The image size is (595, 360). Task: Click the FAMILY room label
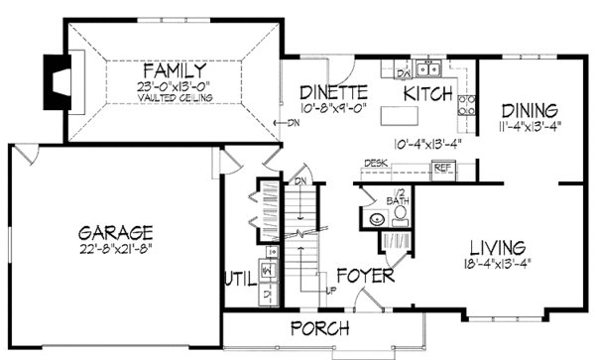(x=174, y=70)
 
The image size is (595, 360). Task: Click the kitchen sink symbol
(x=428, y=68)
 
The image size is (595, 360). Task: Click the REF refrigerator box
(x=444, y=169)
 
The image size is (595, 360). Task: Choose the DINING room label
(x=529, y=109)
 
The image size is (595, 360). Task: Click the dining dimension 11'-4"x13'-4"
(x=529, y=126)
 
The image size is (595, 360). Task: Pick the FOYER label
(x=363, y=274)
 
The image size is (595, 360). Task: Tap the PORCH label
(x=318, y=328)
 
